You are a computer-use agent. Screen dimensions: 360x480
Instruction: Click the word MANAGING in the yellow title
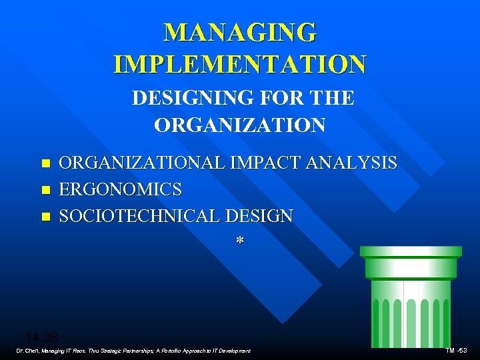coord(240,32)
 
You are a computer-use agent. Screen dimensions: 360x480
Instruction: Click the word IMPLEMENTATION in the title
coord(240,64)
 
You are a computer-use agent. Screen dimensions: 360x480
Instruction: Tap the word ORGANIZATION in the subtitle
coord(240,125)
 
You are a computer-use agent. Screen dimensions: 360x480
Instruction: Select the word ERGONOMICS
coord(121,189)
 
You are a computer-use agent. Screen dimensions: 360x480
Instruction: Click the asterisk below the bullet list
coord(239,241)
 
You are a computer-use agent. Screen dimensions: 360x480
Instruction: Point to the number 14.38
coord(41,337)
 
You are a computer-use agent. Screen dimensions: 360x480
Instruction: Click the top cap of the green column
coord(411,251)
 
